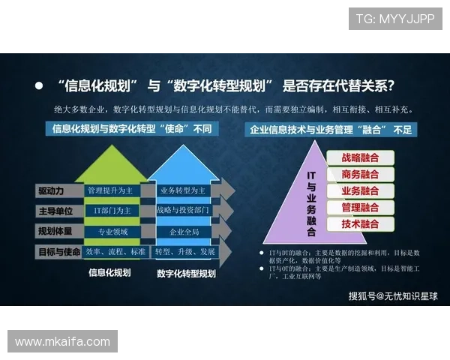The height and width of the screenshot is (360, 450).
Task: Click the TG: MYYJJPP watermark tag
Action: coord(395,18)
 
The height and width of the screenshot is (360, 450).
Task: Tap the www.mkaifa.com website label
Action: coord(63,342)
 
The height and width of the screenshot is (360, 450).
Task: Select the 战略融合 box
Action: coord(360,157)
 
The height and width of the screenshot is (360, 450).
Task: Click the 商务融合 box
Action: coord(360,174)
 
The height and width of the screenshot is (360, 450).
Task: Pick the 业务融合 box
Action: coord(360,190)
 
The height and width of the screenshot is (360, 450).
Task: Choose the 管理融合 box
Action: coord(360,207)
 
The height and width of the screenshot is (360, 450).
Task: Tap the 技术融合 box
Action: coord(360,223)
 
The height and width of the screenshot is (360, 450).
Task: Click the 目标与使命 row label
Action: coord(58,251)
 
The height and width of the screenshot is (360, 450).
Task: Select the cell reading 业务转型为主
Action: coord(184,190)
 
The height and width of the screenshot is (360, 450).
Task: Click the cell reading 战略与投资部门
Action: coord(184,211)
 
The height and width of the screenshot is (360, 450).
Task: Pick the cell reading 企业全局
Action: coord(184,231)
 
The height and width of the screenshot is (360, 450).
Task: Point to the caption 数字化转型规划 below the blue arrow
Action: coord(186,274)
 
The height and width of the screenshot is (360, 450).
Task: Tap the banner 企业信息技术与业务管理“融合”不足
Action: coord(332,130)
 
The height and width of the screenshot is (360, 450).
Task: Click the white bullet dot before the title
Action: coord(39,85)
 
